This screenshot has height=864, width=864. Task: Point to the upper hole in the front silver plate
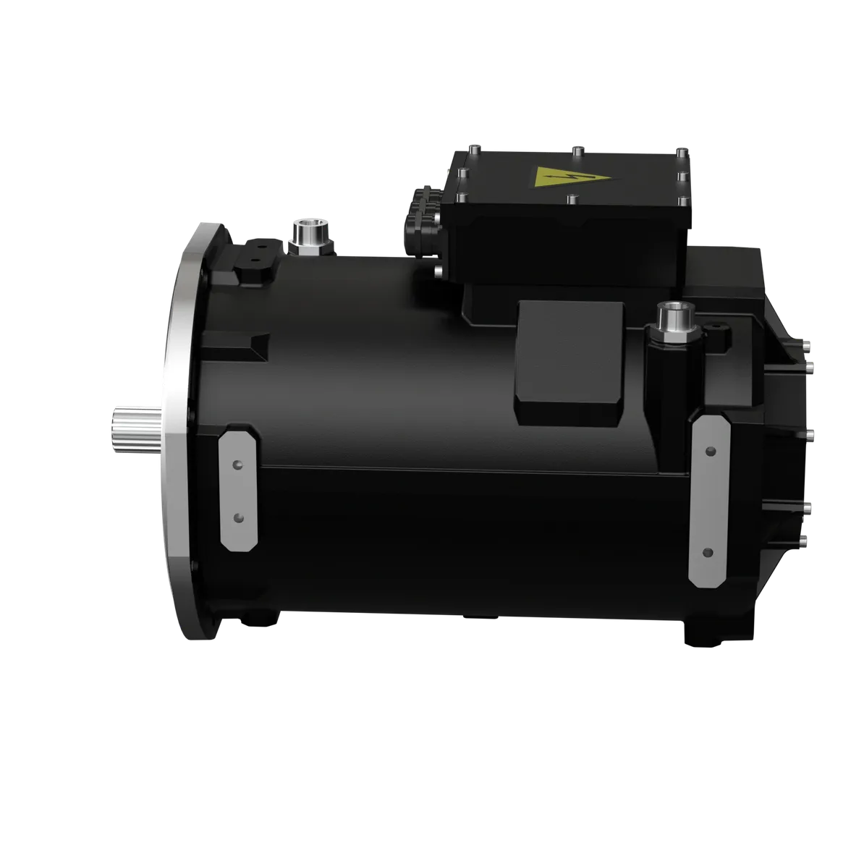pos(237,464)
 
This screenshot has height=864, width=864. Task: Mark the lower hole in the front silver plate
pos(237,517)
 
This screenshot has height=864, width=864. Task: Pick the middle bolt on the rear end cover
pos(809,435)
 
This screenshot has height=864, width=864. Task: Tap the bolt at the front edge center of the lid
pos(572,198)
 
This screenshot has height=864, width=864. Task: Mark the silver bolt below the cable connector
pos(437,271)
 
